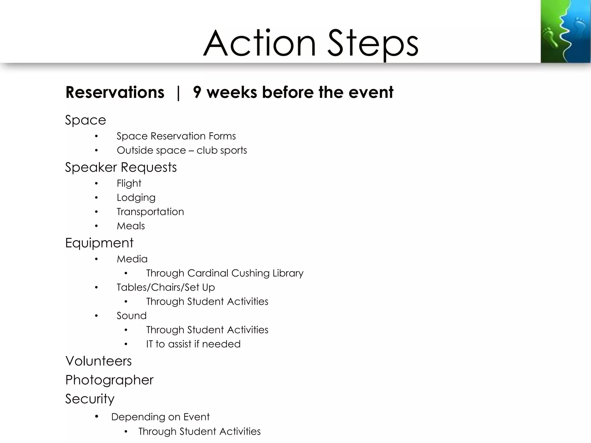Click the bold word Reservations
[115, 93]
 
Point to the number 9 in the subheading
[197, 93]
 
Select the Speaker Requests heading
[121, 167]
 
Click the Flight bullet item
[129, 183]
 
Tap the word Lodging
[136, 198]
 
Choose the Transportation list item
[150, 212]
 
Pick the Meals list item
[130, 226]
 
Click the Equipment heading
[99, 243]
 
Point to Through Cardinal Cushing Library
[225, 273]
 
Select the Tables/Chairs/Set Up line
[166, 287]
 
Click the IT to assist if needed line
[193, 344]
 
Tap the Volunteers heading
[98, 361]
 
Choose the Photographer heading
[109, 380]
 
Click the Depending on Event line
[160, 417]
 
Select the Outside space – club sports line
[182, 151]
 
